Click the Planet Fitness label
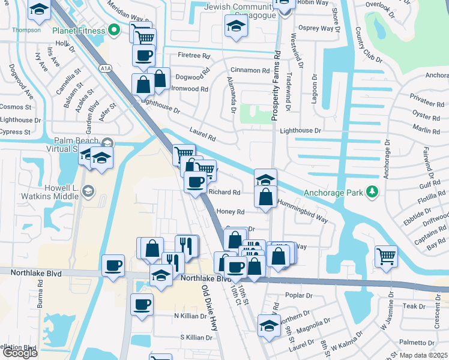(78, 31)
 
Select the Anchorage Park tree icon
(373, 191)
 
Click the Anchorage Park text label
(334, 193)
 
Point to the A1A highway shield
(106, 69)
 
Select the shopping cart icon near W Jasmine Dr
(385, 256)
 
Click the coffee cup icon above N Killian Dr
(142, 305)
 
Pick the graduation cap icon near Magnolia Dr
(270, 326)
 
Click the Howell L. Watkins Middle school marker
(88, 191)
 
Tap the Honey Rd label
(231, 212)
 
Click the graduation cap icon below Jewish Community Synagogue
(236, 26)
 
